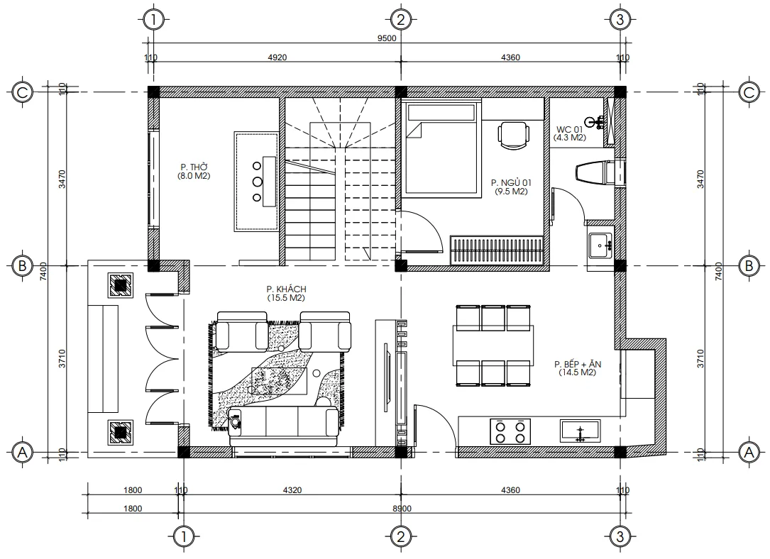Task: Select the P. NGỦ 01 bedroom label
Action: tap(511, 182)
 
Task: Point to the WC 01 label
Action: tap(569, 128)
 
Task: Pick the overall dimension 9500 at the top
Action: tap(386, 40)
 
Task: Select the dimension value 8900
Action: tap(402, 508)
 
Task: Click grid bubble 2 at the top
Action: tap(401, 19)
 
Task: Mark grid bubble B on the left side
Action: tap(23, 266)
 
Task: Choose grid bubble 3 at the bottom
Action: tap(620, 536)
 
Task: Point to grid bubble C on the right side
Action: tap(748, 92)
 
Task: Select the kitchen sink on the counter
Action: tap(581, 431)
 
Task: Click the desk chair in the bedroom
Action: tap(512, 134)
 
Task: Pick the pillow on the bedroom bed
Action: tap(440, 111)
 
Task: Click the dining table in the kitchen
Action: tap(494, 345)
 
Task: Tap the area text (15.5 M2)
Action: tap(285, 299)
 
